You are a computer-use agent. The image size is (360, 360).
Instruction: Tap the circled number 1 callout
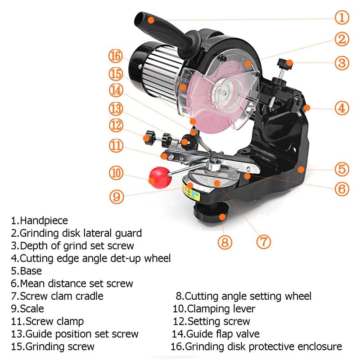point(342,18)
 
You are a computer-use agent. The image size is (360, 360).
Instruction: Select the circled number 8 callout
point(225,243)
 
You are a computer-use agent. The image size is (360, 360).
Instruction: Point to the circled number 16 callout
point(116,56)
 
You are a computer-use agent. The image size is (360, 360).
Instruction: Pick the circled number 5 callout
point(342,170)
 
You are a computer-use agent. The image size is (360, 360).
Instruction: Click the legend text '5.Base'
point(27,271)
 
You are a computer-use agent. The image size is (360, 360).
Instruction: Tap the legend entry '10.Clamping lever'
point(214,309)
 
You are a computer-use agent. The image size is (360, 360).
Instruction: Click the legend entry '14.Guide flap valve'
point(216,334)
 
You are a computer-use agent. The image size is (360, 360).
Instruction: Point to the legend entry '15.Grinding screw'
point(53,346)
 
